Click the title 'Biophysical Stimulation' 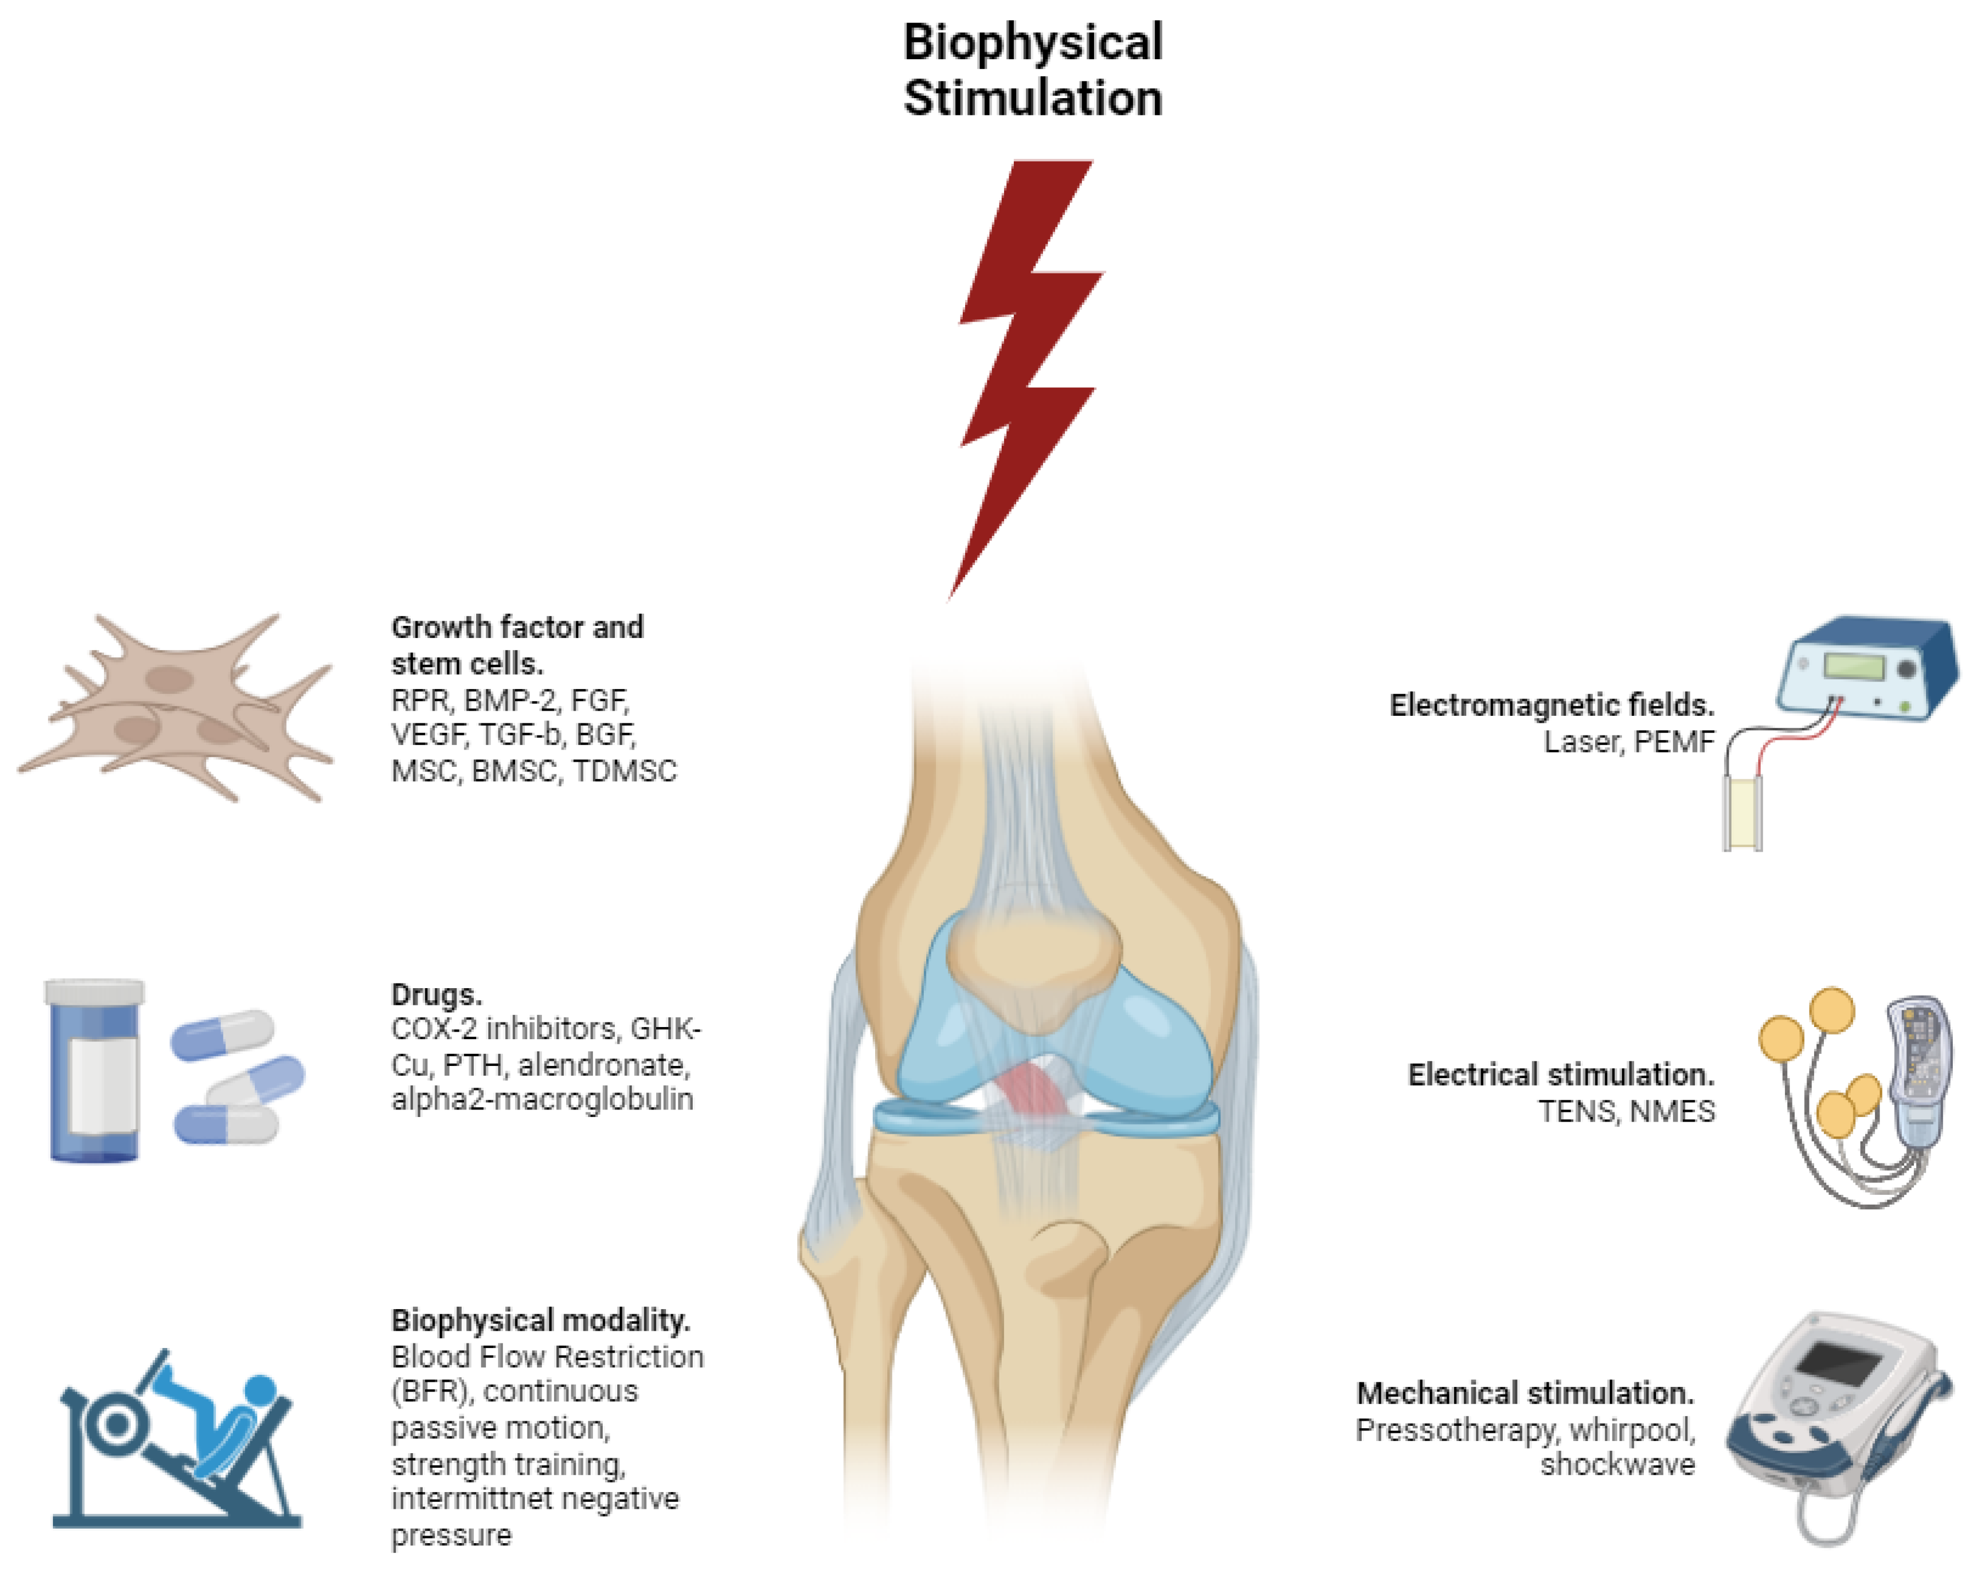(x=1032, y=70)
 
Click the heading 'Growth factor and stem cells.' (x=517, y=644)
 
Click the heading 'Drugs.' (x=436, y=994)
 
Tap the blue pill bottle (x=93, y=1070)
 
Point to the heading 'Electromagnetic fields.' (x=1551, y=705)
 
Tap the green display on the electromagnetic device (x=1853, y=666)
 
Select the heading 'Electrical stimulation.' (x=1560, y=1075)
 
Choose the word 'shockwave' (x=1617, y=1465)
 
